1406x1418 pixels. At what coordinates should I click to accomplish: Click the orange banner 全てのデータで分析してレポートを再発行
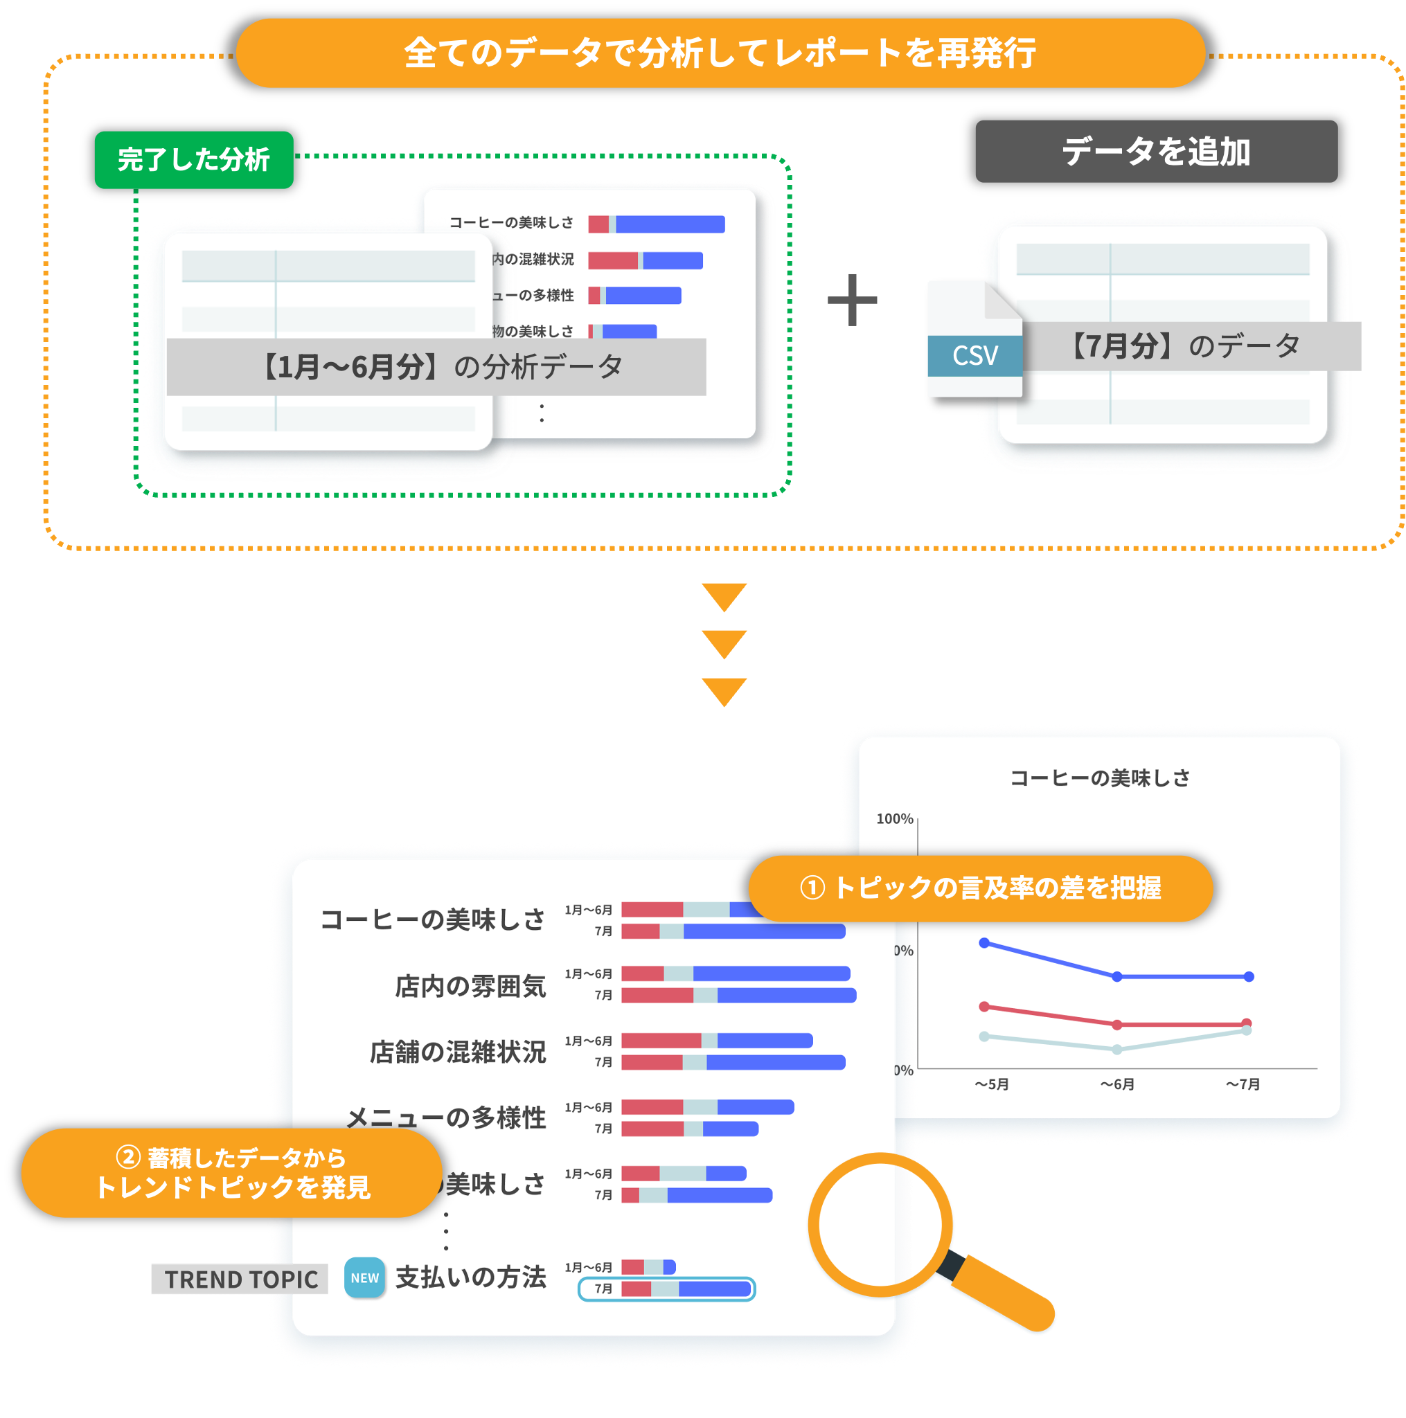720,53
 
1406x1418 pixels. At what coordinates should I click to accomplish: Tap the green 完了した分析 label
194,159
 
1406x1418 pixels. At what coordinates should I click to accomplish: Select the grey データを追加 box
1156,151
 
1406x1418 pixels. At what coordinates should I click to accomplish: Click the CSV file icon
975,342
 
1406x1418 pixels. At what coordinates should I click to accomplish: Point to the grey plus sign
852,299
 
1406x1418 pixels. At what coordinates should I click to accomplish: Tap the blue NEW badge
364,1278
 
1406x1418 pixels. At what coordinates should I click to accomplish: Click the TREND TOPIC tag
240,1280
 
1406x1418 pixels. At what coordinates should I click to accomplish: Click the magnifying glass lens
880,1224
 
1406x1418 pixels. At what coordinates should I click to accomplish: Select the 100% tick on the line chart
894,818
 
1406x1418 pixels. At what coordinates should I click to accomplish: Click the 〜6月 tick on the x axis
1116,1084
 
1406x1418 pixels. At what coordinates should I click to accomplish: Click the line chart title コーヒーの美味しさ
1099,778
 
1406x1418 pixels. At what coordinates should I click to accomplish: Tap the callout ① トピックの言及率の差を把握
980,888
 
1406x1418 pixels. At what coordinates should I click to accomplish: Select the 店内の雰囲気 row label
470,986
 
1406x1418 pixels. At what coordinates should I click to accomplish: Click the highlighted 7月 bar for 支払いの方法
685,1289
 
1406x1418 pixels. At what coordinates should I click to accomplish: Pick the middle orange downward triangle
724,643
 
